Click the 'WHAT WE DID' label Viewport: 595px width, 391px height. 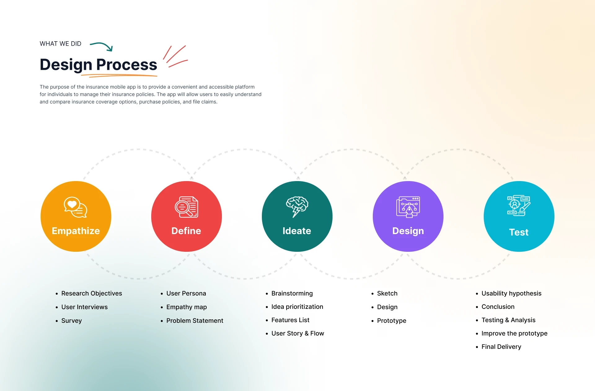click(x=60, y=44)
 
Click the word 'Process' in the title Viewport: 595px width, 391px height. click(x=127, y=64)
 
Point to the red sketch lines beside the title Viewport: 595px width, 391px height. click(x=175, y=56)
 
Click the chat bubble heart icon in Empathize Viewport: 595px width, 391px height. click(x=76, y=207)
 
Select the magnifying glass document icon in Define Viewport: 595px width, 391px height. click(x=186, y=207)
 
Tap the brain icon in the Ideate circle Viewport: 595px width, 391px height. click(x=297, y=207)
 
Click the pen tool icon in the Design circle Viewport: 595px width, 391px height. click(x=408, y=207)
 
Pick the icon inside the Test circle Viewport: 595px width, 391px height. click(x=519, y=206)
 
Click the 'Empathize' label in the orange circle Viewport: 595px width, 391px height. click(x=76, y=231)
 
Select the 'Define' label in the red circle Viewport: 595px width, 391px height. click(x=186, y=231)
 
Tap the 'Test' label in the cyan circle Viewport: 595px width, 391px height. click(x=519, y=232)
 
